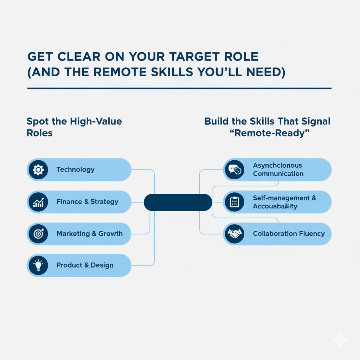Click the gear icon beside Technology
(38, 170)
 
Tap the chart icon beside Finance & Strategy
(38, 202)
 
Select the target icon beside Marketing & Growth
(38, 233)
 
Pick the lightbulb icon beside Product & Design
(38, 265)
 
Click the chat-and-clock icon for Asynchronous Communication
(234, 170)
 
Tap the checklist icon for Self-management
(234, 202)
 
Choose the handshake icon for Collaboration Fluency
(234, 233)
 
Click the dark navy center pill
(178, 202)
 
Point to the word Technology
(76, 169)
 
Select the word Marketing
(71, 233)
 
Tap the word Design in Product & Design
(102, 265)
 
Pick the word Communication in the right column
(278, 174)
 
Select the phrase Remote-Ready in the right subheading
(267, 134)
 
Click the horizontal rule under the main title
(179, 88)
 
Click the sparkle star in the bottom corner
(340, 340)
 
